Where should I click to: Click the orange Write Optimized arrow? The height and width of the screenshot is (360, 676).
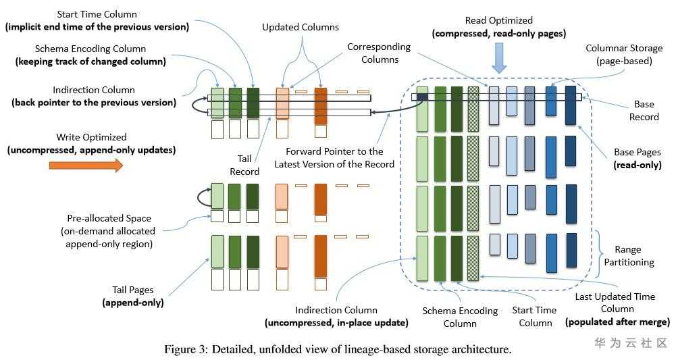86,165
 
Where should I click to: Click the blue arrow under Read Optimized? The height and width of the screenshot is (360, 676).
499,59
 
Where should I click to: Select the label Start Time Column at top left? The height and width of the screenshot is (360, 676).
97,15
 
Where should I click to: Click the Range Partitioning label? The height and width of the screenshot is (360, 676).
632,256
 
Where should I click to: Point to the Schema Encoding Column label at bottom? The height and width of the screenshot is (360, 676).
459,317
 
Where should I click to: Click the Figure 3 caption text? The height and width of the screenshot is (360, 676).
338,349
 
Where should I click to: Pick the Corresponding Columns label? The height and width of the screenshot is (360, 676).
379,53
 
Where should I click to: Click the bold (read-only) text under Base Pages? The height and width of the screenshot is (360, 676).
638,165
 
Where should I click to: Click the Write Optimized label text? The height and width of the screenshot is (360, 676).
93,138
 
